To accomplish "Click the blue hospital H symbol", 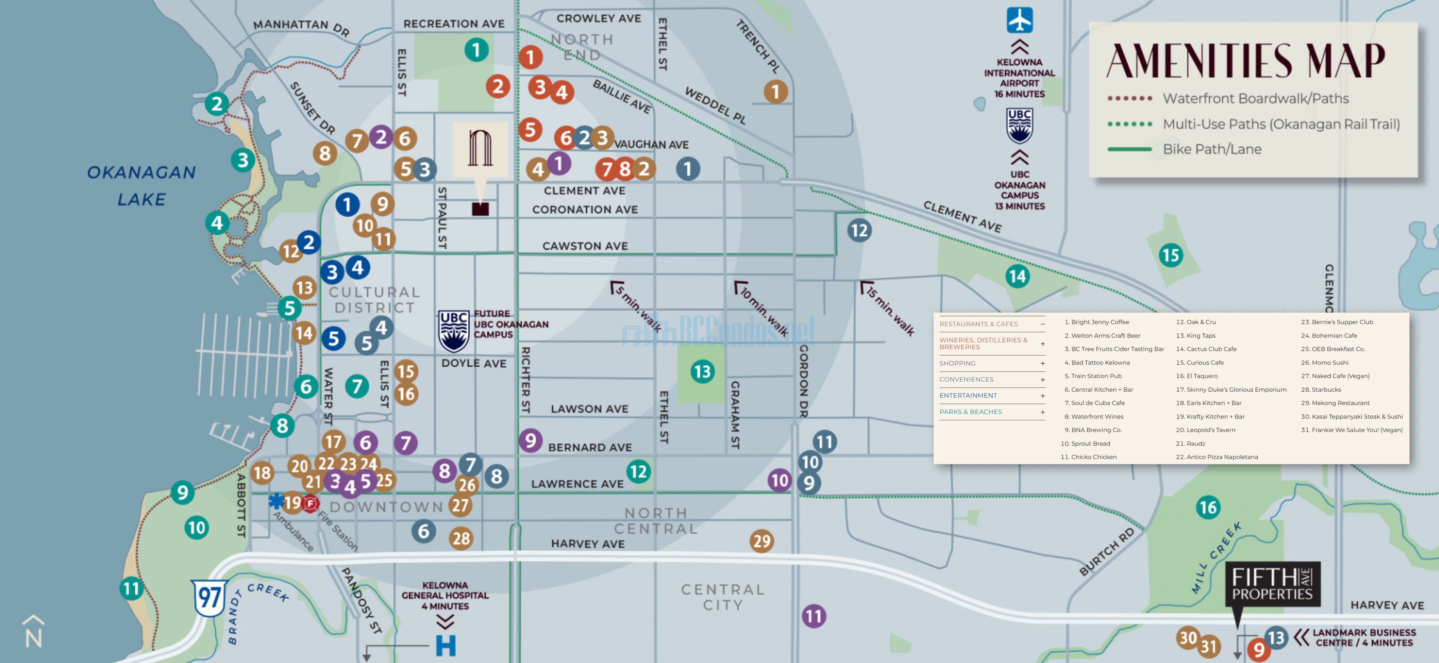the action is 446,645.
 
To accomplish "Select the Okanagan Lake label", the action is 141,186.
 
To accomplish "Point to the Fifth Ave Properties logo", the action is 1273,584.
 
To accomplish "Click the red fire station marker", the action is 311,503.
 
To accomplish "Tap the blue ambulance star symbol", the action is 276,500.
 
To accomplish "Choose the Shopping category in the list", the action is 957,363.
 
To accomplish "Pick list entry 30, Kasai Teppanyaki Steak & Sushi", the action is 1352,417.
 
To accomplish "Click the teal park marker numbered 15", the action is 1171,255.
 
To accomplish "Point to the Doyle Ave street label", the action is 474,363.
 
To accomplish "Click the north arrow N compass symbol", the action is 33,632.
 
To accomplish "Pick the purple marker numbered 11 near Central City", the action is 814,616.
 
